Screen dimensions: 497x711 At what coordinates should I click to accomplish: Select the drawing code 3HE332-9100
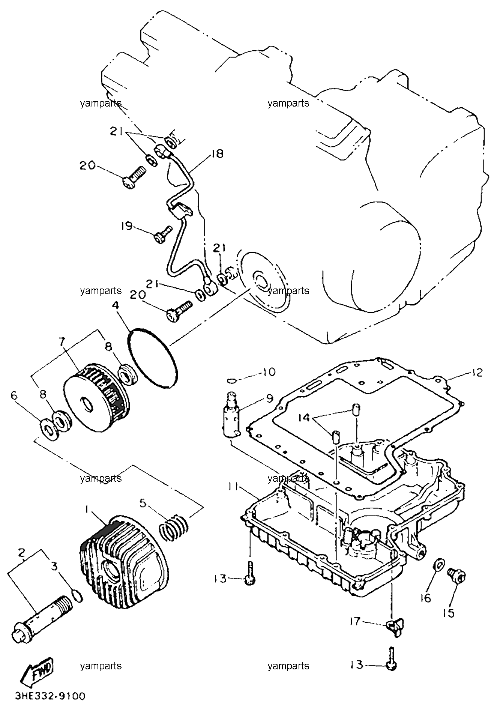click(51, 696)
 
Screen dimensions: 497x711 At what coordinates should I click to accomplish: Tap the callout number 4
click(115, 306)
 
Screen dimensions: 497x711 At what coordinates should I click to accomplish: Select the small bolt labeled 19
click(163, 233)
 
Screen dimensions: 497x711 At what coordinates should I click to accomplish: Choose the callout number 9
click(270, 398)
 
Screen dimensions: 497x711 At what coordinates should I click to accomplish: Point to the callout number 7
click(62, 342)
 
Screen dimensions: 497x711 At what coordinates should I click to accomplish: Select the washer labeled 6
click(48, 428)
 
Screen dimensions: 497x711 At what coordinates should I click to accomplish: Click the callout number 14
click(305, 418)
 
